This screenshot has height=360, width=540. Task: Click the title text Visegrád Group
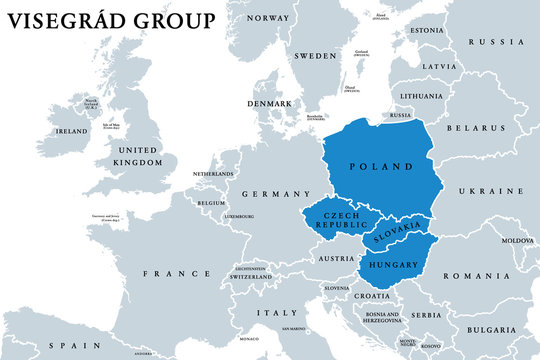(x=110, y=21)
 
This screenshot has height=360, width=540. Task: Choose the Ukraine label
(x=491, y=190)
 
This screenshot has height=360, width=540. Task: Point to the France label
(x=178, y=273)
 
